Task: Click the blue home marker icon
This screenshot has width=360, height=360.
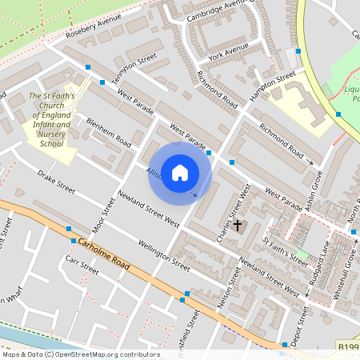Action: click(180, 172)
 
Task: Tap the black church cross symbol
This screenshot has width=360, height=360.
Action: click(237, 226)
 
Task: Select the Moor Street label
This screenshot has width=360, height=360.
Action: click(105, 214)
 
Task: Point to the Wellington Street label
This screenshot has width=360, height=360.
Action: click(164, 254)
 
